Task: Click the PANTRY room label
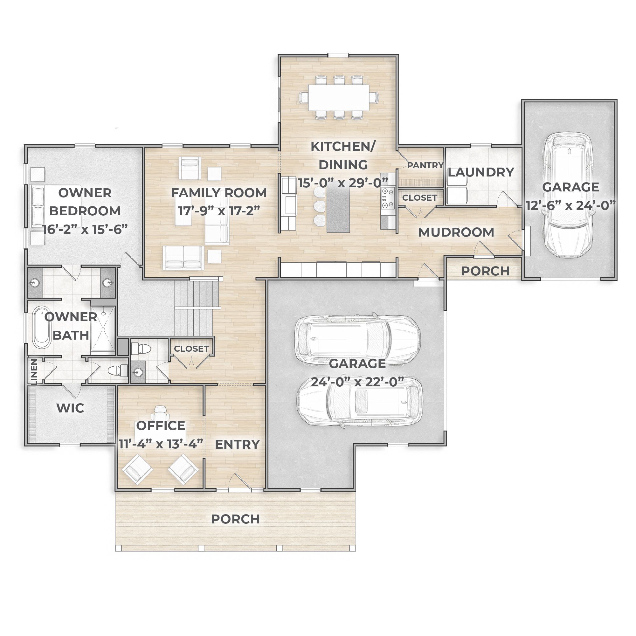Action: (425, 165)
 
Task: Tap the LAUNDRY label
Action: (480, 172)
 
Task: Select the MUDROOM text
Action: (456, 232)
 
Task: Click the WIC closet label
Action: (71, 408)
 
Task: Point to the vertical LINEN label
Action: (34, 372)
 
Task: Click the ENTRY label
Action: (237, 445)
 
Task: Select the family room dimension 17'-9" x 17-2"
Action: (219, 211)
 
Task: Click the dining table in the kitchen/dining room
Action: (339, 97)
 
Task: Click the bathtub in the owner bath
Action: (42, 328)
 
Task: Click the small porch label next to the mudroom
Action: (486, 271)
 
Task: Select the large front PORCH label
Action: (235, 519)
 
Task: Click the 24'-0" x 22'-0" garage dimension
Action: (357, 382)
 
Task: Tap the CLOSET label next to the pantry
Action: (420, 197)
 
